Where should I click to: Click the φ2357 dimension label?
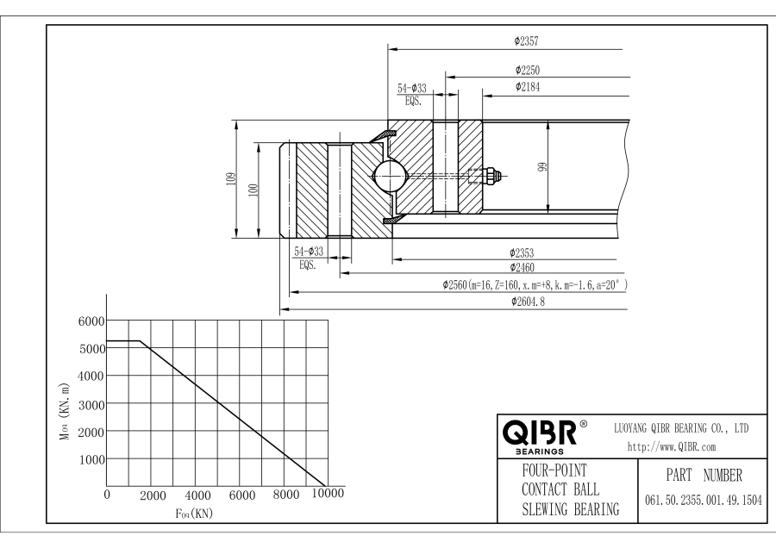pos(526,40)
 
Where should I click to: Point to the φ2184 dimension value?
pos(528,87)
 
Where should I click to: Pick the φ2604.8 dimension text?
pos(529,302)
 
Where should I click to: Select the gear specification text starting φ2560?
pos(534,284)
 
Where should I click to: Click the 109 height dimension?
pos(230,178)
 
